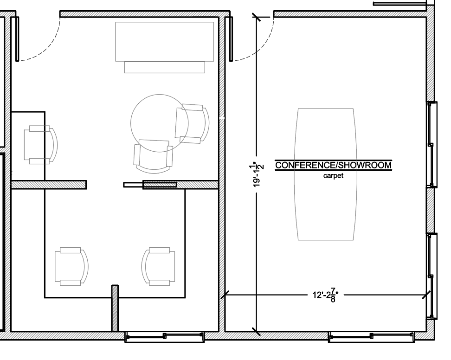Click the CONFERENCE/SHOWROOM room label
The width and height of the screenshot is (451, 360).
coord(333,165)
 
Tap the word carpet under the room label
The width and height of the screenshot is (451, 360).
coord(333,176)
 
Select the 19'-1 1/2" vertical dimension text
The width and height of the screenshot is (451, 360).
coord(257,175)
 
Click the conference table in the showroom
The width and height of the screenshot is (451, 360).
coord(325,174)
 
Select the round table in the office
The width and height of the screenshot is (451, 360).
coord(159,123)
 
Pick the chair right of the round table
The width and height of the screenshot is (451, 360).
coord(192,124)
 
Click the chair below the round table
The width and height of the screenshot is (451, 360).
coord(154,156)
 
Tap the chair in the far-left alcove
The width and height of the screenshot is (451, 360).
coord(40,145)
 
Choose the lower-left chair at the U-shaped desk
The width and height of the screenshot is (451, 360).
coord(71,266)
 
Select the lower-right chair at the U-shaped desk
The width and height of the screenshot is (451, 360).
coord(158,266)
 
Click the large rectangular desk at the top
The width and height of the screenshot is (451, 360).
coord(165,47)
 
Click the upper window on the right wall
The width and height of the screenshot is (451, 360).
coord(431,145)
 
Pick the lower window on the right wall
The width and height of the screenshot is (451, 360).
coord(431,276)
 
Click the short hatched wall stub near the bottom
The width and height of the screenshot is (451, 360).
coord(115,308)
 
